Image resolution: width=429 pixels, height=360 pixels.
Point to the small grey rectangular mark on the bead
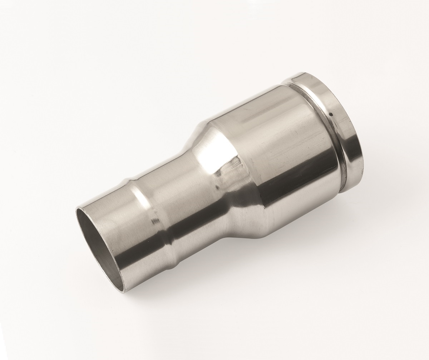(x=154, y=221)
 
